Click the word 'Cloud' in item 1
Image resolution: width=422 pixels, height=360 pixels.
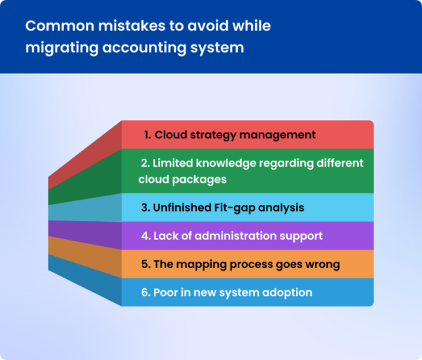pos(170,134)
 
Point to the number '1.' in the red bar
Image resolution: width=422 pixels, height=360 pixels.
pos(148,134)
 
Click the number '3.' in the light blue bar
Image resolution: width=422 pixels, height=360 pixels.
pos(146,208)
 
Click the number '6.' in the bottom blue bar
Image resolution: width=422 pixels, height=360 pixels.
pos(146,292)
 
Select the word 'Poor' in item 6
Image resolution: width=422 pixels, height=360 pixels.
pos(167,292)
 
